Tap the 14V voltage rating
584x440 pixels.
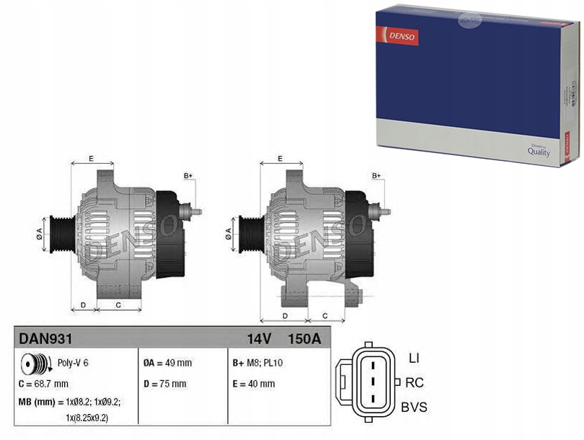260,338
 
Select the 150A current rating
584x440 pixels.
304,338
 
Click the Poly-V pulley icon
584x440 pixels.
35,363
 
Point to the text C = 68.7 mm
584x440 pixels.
44,384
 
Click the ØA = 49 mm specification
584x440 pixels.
168,363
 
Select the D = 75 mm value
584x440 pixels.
165,384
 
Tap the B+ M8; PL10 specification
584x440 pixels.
257,363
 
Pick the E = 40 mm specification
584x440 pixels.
253,384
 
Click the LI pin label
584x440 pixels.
413,358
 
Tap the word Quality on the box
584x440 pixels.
539,152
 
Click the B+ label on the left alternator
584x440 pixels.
188,176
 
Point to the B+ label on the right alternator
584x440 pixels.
376,176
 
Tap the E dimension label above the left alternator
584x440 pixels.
91,158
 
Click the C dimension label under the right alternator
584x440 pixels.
324,315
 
